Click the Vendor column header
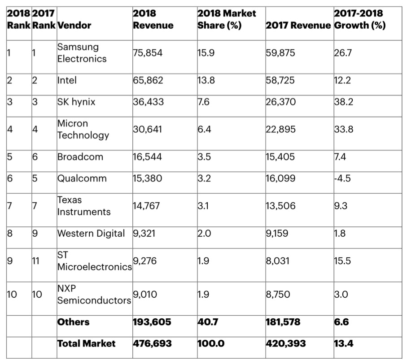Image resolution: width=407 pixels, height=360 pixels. point(74,26)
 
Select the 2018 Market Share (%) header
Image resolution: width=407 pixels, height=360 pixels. point(226,19)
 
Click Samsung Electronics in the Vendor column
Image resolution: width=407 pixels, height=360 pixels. point(82,53)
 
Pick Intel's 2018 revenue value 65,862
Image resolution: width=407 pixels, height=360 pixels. point(148,81)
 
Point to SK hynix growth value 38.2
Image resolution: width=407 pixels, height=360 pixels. point(343,102)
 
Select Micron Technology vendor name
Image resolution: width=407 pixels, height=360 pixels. point(83,130)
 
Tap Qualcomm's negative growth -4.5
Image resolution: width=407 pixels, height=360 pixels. point(342,178)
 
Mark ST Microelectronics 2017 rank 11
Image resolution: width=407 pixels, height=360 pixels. point(37,261)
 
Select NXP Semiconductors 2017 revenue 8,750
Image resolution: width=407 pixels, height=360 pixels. point(278,295)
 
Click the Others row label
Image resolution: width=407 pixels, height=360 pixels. point(73,322)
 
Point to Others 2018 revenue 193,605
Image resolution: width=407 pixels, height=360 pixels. point(152,322)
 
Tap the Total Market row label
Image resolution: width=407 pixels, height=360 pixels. point(86,344)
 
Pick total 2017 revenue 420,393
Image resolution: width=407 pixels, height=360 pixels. point(285,344)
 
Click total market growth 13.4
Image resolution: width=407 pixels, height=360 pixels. point(343,344)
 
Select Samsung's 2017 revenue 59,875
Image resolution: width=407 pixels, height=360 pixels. point(280,53)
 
